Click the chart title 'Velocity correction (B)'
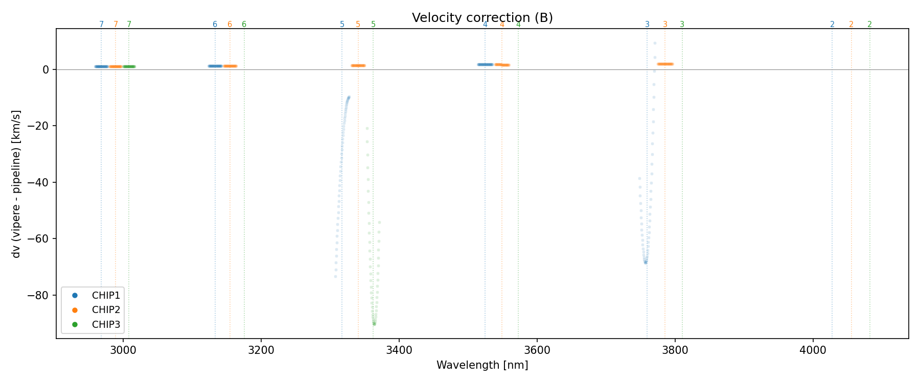(x=482, y=18)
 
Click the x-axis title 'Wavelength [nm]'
(x=482, y=365)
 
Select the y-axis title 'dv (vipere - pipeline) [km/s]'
(x=16, y=184)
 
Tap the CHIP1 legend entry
(x=106, y=295)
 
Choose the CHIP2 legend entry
(x=106, y=310)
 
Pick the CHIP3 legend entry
(x=106, y=324)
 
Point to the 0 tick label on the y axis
(x=46, y=69)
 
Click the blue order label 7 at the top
(x=101, y=25)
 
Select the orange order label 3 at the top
(x=665, y=25)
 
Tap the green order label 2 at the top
(x=869, y=25)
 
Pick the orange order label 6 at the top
(x=229, y=25)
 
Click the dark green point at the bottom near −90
(x=374, y=324)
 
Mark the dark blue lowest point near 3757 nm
(x=646, y=262)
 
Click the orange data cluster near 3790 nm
(x=665, y=64)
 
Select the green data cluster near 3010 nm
(x=129, y=66)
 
